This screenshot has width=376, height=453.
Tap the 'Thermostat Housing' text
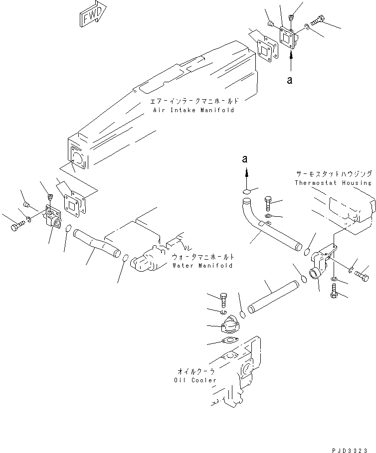click(333, 182)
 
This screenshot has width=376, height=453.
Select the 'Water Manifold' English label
click(202, 266)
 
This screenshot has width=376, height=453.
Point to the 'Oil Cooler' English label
click(195, 380)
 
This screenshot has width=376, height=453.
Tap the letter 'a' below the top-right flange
click(289, 80)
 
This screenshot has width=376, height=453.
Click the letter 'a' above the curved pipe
click(244, 158)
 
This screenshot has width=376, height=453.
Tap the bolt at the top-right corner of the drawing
click(318, 21)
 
